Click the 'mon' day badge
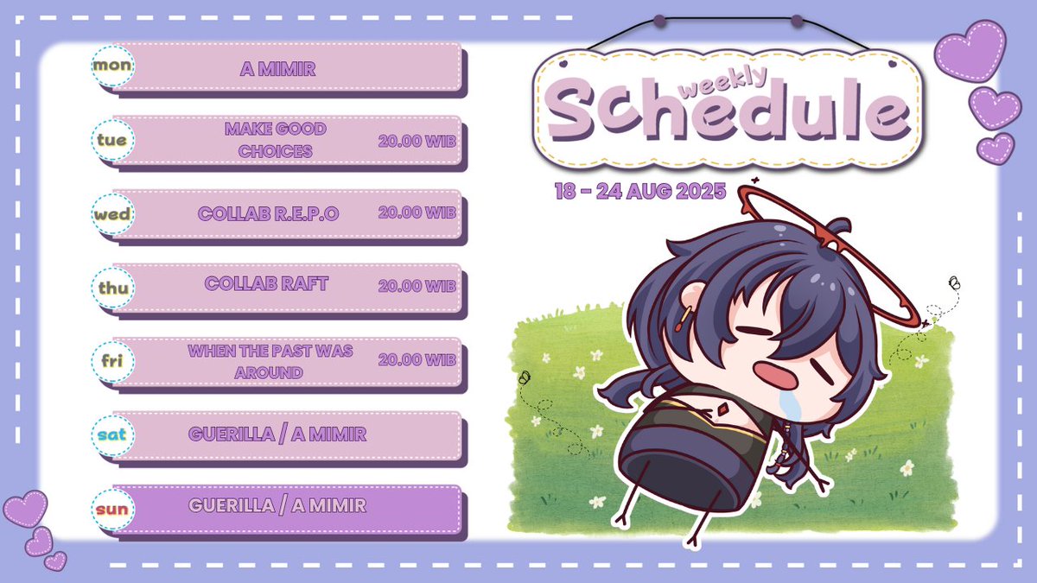tap(112, 66)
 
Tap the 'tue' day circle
tap(112, 139)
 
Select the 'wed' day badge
tap(112, 213)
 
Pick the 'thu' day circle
tap(112, 288)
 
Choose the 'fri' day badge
tap(112, 361)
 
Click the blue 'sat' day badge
tap(112, 434)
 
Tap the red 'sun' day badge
tap(112, 508)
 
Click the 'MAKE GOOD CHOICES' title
tap(276, 140)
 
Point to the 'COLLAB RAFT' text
tap(266, 284)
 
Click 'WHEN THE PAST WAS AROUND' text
tap(270, 362)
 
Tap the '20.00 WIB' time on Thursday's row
tap(417, 286)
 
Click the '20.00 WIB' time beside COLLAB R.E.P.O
tap(417, 212)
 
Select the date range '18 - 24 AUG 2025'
tap(640, 191)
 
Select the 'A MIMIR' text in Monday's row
tap(277, 68)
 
